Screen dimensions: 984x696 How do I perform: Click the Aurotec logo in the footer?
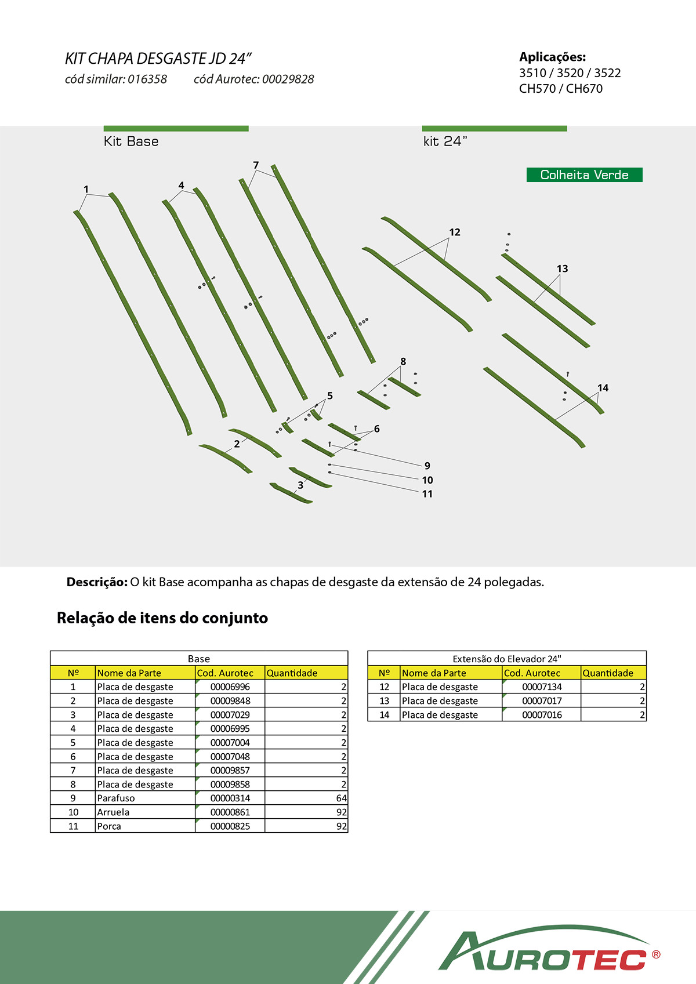click(x=548, y=950)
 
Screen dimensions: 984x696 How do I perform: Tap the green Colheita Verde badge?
click(x=584, y=175)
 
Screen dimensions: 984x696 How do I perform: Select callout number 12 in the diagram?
click(x=455, y=233)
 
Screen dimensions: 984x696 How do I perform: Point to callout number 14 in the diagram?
click(x=603, y=388)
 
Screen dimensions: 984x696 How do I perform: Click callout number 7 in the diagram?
click(x=256, y=165)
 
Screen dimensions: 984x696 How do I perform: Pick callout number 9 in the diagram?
click(x=427, y=466)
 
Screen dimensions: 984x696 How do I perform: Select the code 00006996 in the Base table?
click(x=230, y=687)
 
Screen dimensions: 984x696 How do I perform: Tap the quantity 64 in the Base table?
click(x=341, y=798)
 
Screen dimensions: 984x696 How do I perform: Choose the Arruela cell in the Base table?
click(x=114, y=812)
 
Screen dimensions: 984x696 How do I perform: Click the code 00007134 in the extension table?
click(x=542, y=687)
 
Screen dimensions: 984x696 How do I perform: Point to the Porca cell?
click(x=109, y=826)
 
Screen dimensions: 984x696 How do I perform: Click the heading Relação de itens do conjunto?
click(x=162, y=618)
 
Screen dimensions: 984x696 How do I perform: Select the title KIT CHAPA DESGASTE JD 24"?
click(x=158, y=59)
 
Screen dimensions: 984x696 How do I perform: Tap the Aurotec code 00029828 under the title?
click(x=288, y=79)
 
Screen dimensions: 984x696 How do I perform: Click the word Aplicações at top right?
click(x=552, y=57)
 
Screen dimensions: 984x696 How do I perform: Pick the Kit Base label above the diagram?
click(x=131, y=141)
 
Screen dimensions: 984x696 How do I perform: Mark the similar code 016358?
click(x=147, y=79)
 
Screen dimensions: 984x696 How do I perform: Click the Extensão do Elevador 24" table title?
click(x=507, y=659)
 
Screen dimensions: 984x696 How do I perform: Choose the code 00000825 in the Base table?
click(x=230, y=826)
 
